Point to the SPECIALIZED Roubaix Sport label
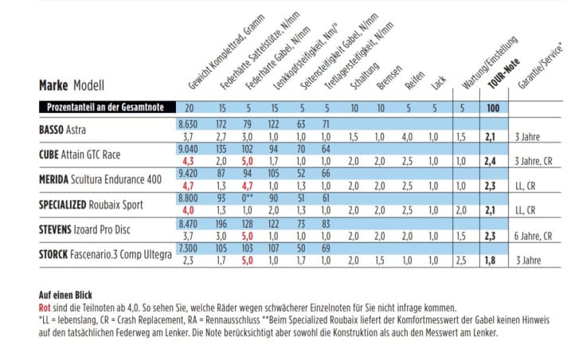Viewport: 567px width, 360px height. pyautogui.click(x=92, y=204)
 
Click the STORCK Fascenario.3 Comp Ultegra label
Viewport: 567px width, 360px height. pyautogui.click(x=105, y=254)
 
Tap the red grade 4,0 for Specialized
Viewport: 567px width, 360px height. pyautogui.click(x=189, y=210)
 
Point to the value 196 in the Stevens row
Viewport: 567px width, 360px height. pyautogui.click(x=221, y=224)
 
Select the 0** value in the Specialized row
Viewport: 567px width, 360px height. pyautogui.click(x=247, y=198)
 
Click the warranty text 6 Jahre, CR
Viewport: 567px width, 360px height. pyautogui.click(x=534, y=236)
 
